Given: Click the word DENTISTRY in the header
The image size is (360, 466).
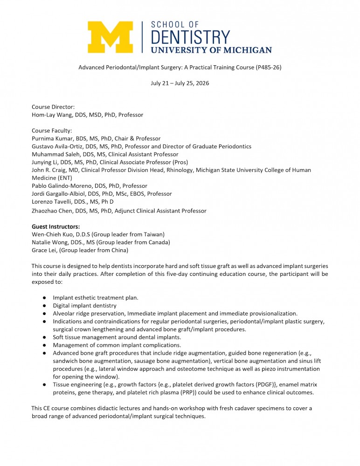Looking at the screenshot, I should pyautogui.click(x=191, y=36).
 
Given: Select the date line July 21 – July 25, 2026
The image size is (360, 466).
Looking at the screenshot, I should pyautogui.click(x=180, y=83).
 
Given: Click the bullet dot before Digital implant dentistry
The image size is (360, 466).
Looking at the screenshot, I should pyautogui.click(x=43, y=306).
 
